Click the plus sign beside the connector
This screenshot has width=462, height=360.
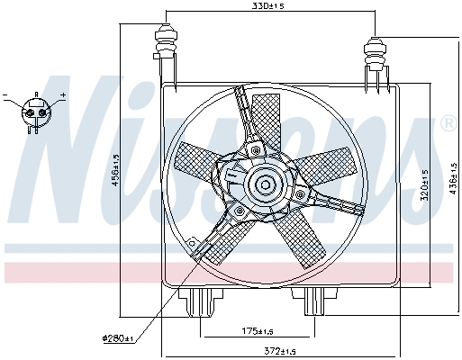click(x=63, y=94)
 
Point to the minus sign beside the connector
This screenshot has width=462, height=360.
click(x=5, y=94)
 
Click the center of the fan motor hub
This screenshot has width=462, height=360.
click(x=265, y=186)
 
